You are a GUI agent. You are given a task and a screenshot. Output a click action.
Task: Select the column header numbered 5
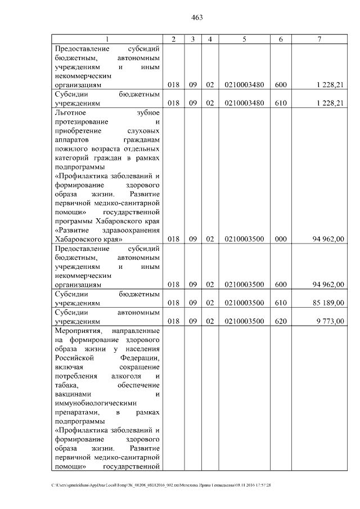click(x=244, y=39)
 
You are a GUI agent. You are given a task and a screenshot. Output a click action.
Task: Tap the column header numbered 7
click(x=319, y=39)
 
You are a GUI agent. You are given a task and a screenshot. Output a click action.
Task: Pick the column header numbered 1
click(x=107, y=39)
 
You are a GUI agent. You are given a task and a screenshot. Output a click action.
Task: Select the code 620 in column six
click(x=281, y=320)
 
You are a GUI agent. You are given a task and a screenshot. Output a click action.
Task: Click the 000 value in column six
click(x=281, y=239)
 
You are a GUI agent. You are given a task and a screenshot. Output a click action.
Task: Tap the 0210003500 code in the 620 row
click(x=244, y=320)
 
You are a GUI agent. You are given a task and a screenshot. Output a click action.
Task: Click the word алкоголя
click(x=127, y=376)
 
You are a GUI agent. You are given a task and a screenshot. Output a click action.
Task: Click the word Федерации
click(x=139, y=358)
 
